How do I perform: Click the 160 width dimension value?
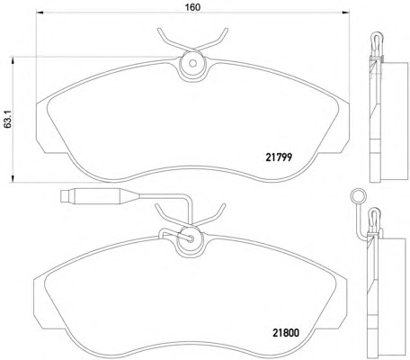(192, 7)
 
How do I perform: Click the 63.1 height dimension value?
(8, 120)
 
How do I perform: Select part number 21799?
(279, 157)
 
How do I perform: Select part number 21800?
(286, 333)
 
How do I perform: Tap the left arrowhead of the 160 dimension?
(40, 13)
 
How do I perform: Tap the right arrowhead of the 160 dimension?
(346, 13)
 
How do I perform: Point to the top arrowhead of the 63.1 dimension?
(13, 60)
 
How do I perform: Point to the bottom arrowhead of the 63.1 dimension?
(13, 178)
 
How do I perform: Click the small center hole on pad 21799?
(192, 64)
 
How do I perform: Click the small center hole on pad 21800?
(190, 238)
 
